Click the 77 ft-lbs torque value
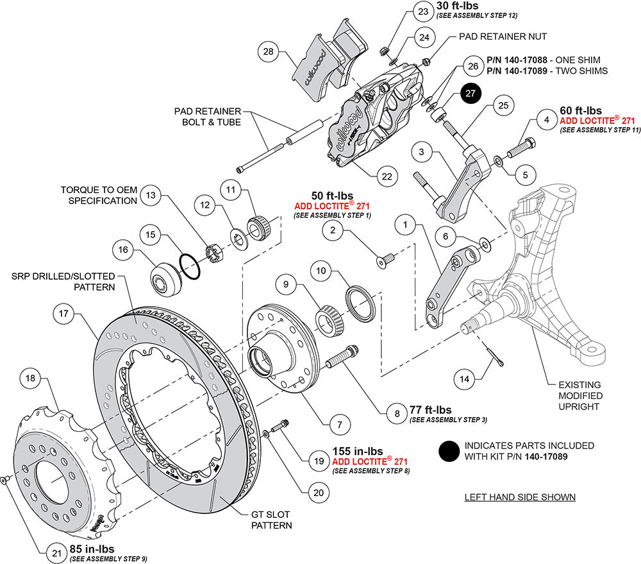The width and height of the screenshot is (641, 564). (x=429, y=410)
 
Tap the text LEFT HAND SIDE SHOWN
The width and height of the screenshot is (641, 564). (x=519, y=497)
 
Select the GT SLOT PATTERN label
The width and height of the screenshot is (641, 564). (x=271, y=520)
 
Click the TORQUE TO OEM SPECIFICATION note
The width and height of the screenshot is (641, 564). (x=99, y=195)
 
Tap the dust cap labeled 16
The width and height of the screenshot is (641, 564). (x=165, y=279)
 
